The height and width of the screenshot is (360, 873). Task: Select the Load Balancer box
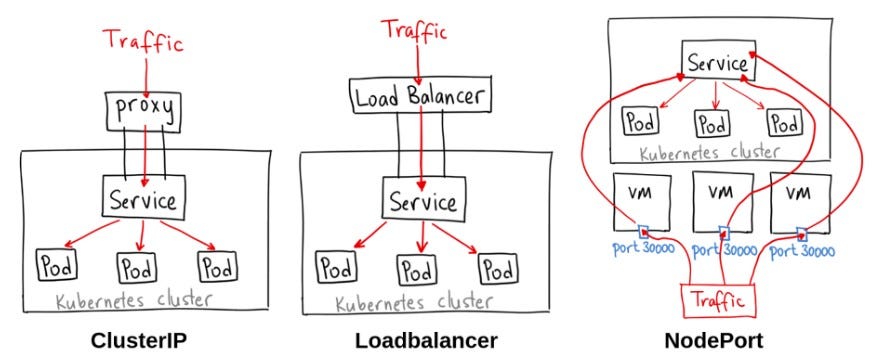[421, 97]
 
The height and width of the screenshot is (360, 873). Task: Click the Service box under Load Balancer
[421, 200]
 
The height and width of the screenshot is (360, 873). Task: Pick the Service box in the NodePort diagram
[715, 63]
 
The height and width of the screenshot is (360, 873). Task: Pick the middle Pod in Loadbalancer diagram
[417, 269]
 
